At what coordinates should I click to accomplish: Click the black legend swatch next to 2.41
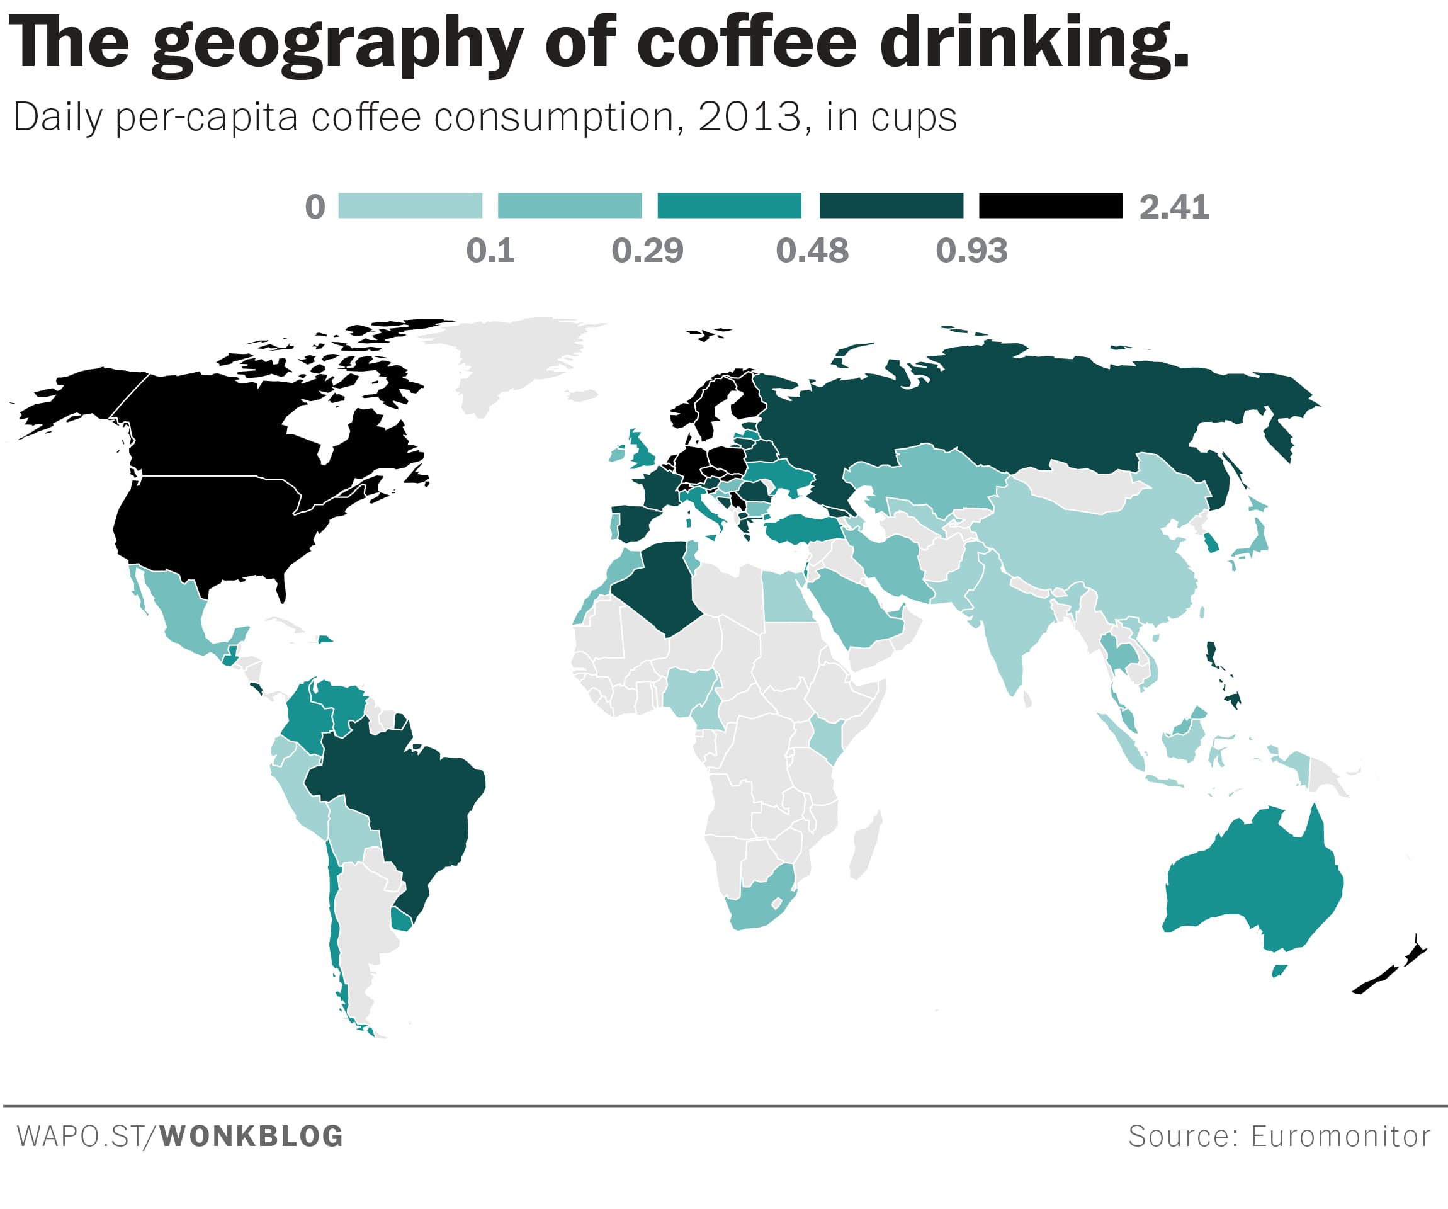tap(1051, 205)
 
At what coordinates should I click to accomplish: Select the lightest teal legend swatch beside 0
tap(410, 205)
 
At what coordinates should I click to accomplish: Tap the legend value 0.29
tap(647, 251)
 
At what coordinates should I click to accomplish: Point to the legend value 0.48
tap(812, 251)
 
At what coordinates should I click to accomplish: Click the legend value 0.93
tap(971, 251)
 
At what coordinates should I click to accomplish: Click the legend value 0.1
tap(490, 251)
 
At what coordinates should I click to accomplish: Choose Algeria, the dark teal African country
tap(662, 586)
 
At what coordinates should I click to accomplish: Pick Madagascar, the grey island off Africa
tap(866, 845)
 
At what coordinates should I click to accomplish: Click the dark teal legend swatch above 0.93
tap(891, 205)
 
